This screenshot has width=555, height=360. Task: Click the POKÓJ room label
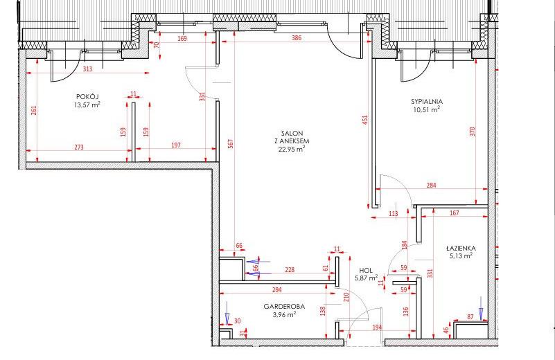pos(87,96)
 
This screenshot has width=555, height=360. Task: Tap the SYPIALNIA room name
pos(427,102)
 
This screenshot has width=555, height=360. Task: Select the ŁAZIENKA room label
pos(461,249)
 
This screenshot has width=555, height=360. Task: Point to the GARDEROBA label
pos(284,307)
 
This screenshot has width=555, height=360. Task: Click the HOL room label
pos(366,270)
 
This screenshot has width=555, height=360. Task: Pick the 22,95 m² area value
pos(292,149)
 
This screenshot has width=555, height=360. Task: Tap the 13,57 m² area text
pos(87,105)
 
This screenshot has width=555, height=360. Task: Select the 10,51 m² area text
pos(427,109)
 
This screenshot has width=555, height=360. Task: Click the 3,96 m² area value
pos(284,314)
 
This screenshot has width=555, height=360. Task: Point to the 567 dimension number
pos(231,143)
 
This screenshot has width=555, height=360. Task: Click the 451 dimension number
pos(365,120)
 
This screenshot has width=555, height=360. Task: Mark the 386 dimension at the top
pos(297,38)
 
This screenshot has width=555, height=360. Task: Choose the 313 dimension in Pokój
pos(87,69)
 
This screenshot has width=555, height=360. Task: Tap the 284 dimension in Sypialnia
pos(431,185)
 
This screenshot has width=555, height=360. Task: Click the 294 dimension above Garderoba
pos(276,289)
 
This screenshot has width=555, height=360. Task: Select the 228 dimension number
pos(290,270)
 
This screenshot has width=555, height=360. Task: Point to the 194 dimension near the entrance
pos(378,327)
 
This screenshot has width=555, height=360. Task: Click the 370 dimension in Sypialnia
pos(472,132)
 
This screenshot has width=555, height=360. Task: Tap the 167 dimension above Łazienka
pos(454,213)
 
